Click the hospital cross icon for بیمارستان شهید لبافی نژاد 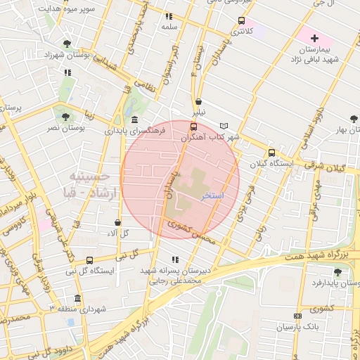314,37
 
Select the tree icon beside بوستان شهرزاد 67,43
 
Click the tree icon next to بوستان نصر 65,117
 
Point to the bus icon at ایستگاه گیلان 271,153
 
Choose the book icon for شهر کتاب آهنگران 224,126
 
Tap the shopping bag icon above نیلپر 199,101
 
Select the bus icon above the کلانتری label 242,20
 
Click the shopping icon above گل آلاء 117,222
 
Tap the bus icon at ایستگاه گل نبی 89,260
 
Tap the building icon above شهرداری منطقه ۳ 77,298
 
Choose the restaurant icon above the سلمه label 168,15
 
